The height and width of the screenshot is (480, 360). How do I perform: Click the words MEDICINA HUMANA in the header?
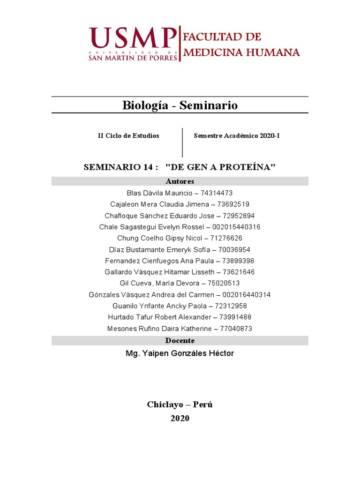[x=241, y=52]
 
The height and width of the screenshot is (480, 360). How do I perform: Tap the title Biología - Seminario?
[x=180, y=105]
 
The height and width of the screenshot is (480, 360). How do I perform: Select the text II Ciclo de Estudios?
[x=128, y=135]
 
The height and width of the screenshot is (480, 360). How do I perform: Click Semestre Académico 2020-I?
[x=237, y=135]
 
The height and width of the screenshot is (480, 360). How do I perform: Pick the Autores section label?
[x=180, y=181]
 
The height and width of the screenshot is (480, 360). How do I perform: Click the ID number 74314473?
[x=217, y=193]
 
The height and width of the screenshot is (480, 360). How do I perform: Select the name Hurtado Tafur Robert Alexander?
[x=156, y=317]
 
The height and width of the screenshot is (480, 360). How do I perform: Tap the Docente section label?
[x=180, y=341]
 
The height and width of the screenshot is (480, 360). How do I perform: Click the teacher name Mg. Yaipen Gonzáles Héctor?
[x=180, y=353]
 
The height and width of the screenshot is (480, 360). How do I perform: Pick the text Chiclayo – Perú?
[x=180, y=405]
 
